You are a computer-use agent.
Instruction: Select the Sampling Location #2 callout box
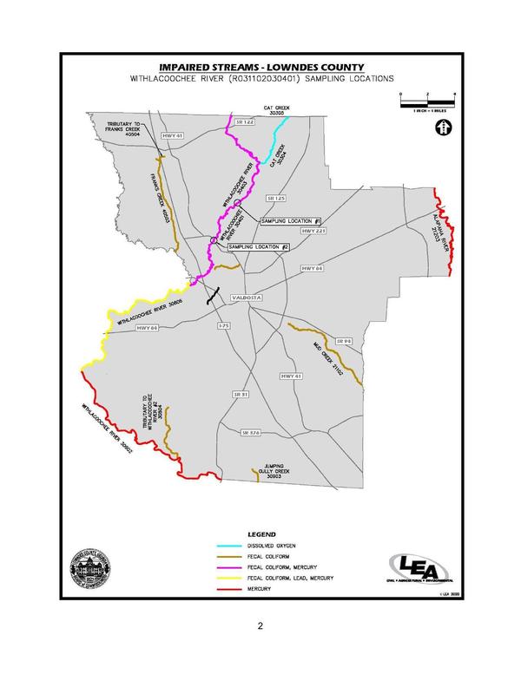click(x=258, y=247)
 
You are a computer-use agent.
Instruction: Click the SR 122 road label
click(x=247, y=126)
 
